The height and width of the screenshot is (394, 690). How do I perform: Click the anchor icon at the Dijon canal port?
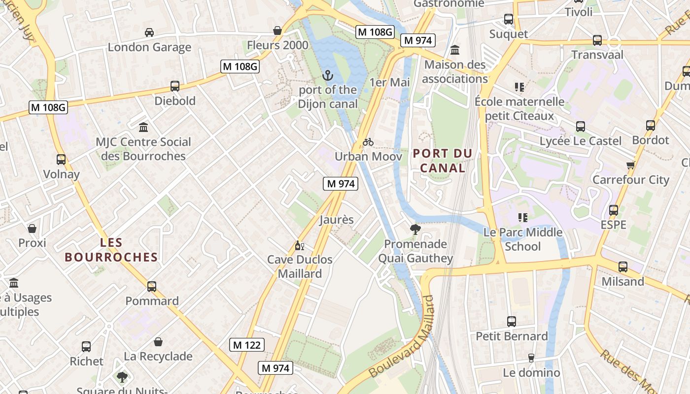click(x=328, y=75)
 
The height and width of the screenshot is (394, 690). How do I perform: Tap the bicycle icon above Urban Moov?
click(x=368, y=142)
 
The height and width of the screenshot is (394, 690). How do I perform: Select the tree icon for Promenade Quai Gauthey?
click(x=415, y=229)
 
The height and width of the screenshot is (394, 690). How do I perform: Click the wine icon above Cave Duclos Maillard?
click(x=299, y=245)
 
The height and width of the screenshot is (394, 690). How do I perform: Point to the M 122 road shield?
click(x=247, y=345)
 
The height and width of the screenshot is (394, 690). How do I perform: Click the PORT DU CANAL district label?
click(x=443, y=161)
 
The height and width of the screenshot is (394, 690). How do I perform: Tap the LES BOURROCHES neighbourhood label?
click(x=111, y=250)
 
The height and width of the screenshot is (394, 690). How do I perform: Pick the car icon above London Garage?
click(x=149, y=33)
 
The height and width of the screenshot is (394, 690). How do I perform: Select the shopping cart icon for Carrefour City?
click(x=630, y=165)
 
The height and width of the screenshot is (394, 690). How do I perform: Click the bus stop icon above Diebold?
click(x=175, y=86)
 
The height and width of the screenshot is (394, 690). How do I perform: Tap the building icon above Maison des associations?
click(x=455, y=50)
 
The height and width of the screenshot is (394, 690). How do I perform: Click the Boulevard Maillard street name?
click(x=403, y=336)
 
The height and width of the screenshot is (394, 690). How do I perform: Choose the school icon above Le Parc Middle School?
click(x=523, y=217)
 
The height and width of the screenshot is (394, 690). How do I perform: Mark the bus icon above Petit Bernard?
click(x=512, y=322)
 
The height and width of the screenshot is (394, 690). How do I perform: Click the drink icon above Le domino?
click(x=531, y=358)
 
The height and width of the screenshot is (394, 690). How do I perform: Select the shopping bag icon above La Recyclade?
click(x=158, y=342)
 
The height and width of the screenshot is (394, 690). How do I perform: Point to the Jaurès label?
click(x=337, y=220)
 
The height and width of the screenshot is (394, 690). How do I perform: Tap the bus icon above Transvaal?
click(x=597, y=40)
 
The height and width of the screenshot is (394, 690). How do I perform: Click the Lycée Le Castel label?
click(x=580, y=141)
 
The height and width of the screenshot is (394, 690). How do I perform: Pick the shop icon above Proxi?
click(x=32, y=229)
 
